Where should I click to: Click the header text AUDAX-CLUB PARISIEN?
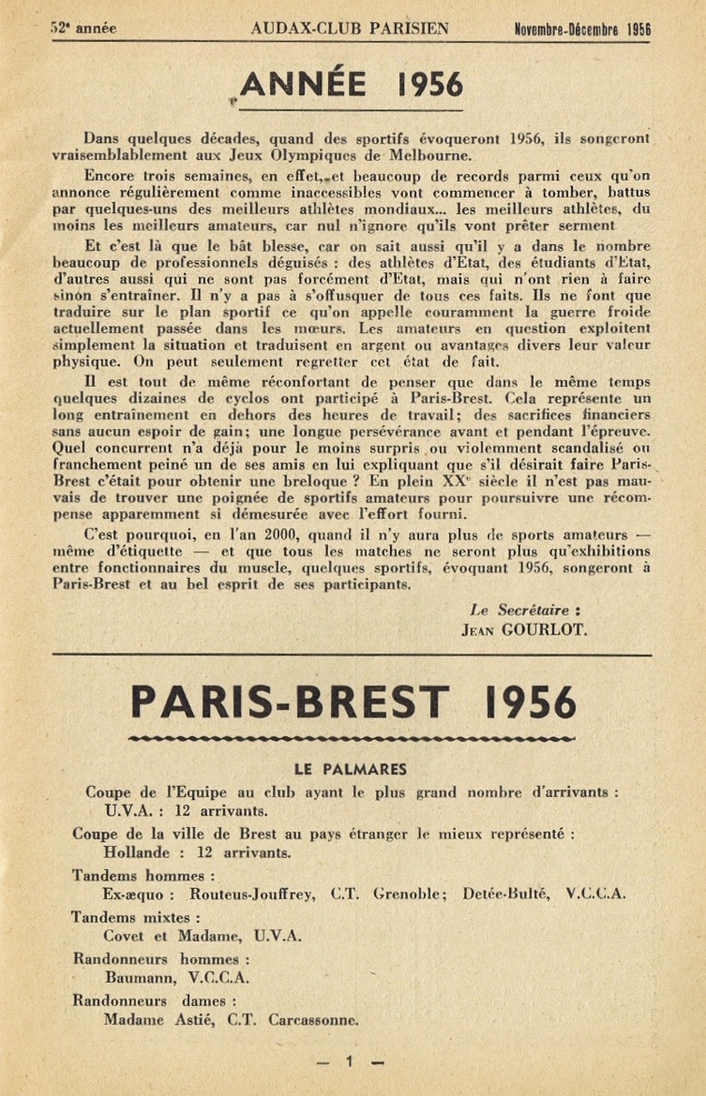[x=350, y=28]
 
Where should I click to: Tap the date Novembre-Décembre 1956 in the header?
[x=583, y=29]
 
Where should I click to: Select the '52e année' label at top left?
[x=83, y=28]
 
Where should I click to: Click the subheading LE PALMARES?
[x=351, y=768]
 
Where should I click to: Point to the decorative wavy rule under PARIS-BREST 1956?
[x=351, y=736]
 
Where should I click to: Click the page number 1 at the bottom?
[x=350, y=1063]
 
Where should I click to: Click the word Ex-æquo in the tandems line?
[x=135, y=895]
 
